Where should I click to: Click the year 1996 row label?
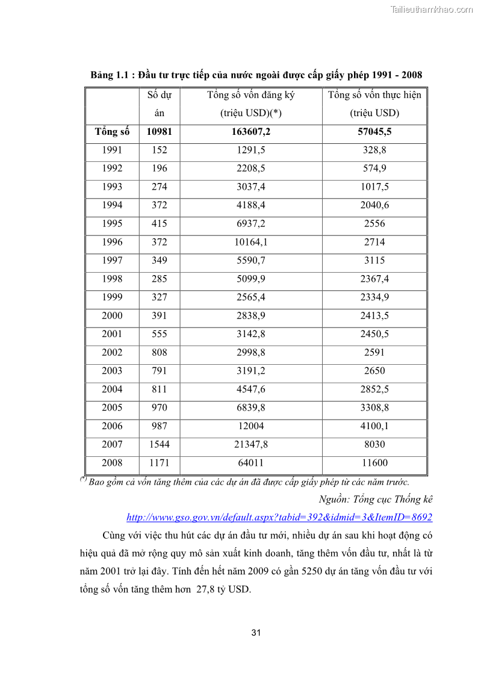[112, 242]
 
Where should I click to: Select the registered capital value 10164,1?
[251, 242]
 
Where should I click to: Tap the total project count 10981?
[160, 132]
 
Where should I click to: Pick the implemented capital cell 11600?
[374, 463]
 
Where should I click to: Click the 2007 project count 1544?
[160, 444]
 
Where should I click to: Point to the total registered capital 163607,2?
[251, 132]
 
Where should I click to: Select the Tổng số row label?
[112, 132]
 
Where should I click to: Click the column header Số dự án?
[160, 104]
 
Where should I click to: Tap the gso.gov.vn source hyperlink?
[279, 517]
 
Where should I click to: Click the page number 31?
[256, 633]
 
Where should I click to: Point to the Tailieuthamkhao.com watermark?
[432, 10]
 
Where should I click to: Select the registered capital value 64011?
[251, 463]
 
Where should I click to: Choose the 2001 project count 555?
[160, 334]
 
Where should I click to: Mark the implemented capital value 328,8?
[374, 150]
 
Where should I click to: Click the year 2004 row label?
[112, 389]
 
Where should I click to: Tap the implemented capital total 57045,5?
[374, 132]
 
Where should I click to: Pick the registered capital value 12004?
[251, 426]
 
